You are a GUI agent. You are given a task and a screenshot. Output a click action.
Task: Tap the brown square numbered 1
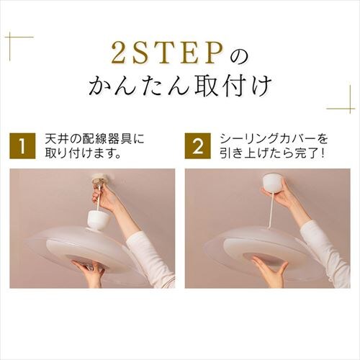tap(23, 146)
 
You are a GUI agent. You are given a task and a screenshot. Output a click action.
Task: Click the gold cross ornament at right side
tap(341, 107)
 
